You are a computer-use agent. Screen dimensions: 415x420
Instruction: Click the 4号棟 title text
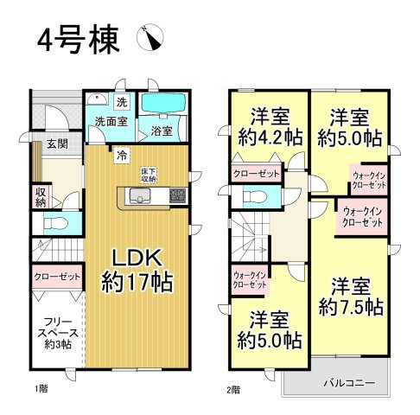[77, 40]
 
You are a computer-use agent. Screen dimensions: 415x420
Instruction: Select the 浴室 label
[162, 131]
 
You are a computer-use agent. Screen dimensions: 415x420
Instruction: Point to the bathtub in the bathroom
[163, 104]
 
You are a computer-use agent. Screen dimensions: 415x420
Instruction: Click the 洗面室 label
[111, 122]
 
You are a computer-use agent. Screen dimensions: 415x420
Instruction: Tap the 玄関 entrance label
[57, 144]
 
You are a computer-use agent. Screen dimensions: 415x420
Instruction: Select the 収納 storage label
[41, 196]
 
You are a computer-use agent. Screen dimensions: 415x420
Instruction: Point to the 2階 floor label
[233, 388]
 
